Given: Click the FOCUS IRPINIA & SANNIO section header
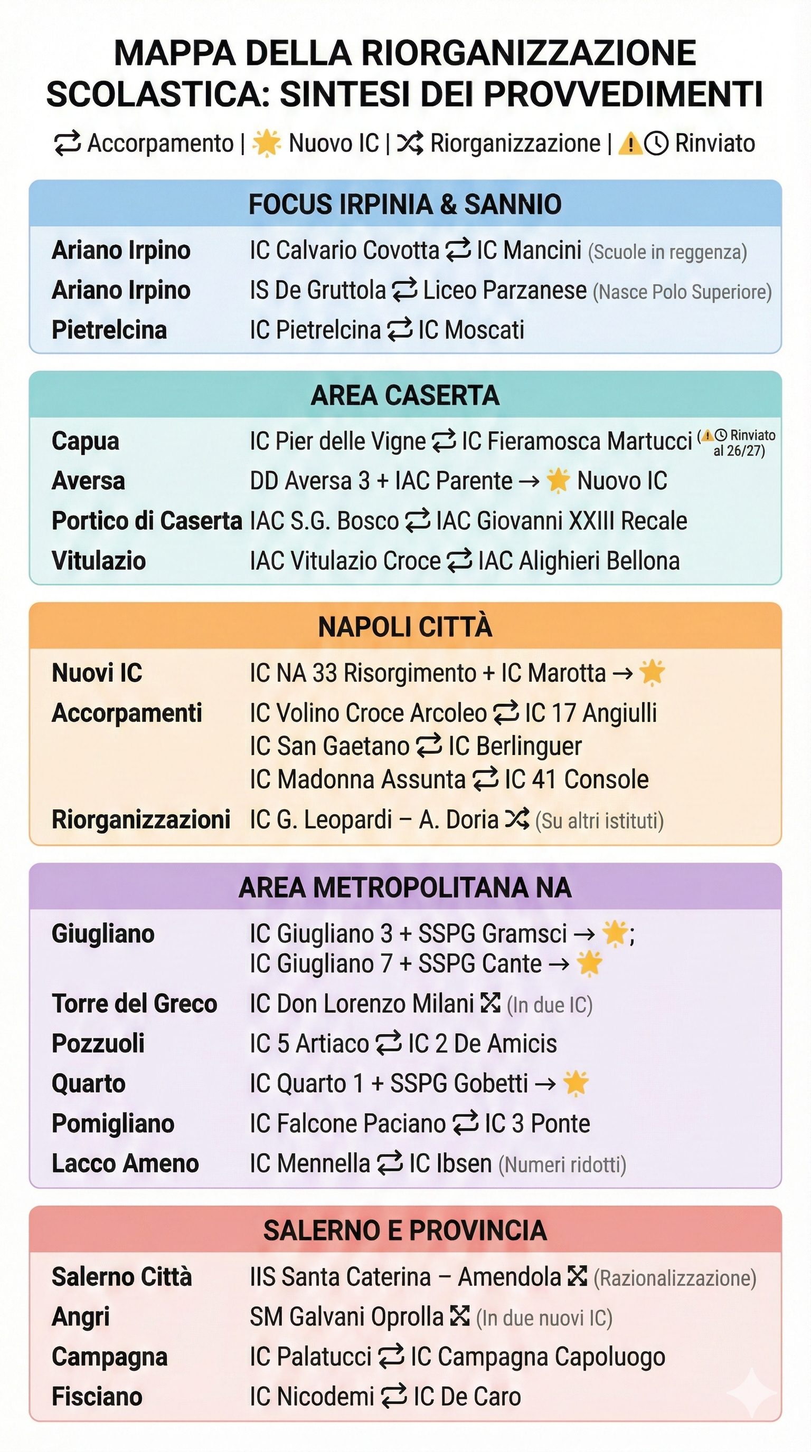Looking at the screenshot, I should [x=405, y=204].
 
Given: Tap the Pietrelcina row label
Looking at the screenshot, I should [x=109, y=330].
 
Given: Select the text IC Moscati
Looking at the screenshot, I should [x=471, y=330].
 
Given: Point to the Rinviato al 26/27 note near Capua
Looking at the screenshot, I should [x=739, y=443].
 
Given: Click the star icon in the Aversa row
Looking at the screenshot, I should [x=558, y=481].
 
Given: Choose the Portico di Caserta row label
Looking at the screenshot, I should [x=147, y=521].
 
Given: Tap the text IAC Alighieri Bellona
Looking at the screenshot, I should [x=579, y=561].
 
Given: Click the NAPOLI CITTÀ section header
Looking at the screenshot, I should [x=405, y=627].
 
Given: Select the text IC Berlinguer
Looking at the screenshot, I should [x=514, y=746].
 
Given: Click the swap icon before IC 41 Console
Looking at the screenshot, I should [x=485, y=779].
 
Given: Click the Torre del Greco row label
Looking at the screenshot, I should [x=134, y=1004].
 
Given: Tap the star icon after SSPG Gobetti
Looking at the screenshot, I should [x=576, y=1083].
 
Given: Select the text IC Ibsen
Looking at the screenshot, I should [x=450, y=1163].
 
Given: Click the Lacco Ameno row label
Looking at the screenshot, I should [x=125, y=1163].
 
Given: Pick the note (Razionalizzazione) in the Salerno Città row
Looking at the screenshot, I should [x=675, y=1278].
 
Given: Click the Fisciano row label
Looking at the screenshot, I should [x=97, y=1397].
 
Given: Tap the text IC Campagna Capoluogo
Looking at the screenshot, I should [x=538, y=1357].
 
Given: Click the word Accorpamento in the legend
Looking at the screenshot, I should [x=160, y=143].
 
